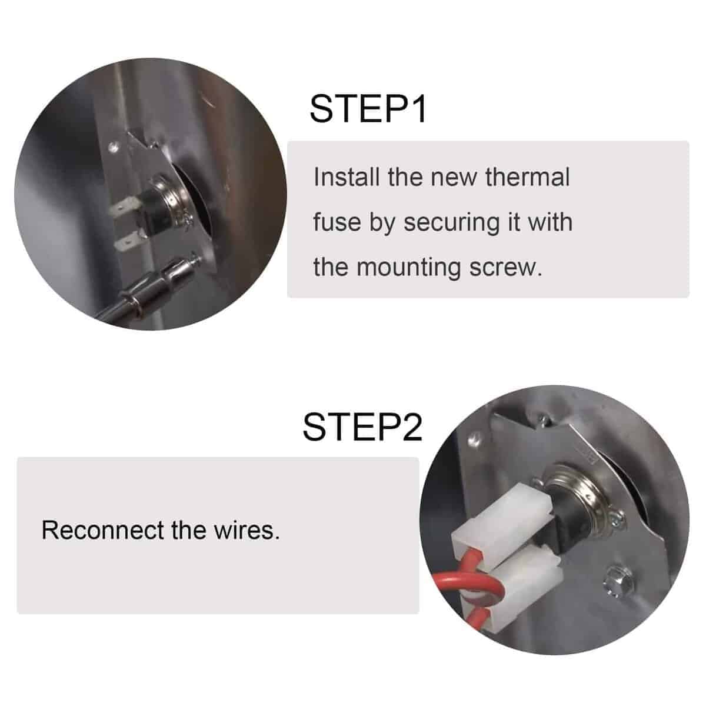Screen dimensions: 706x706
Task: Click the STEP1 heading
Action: (368, 109)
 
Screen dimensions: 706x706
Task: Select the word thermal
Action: (528, 177)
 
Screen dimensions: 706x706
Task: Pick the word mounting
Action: (408, 268)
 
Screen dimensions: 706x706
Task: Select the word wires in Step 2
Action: (247, 530)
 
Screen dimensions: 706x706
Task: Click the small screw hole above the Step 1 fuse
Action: (115, 148)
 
